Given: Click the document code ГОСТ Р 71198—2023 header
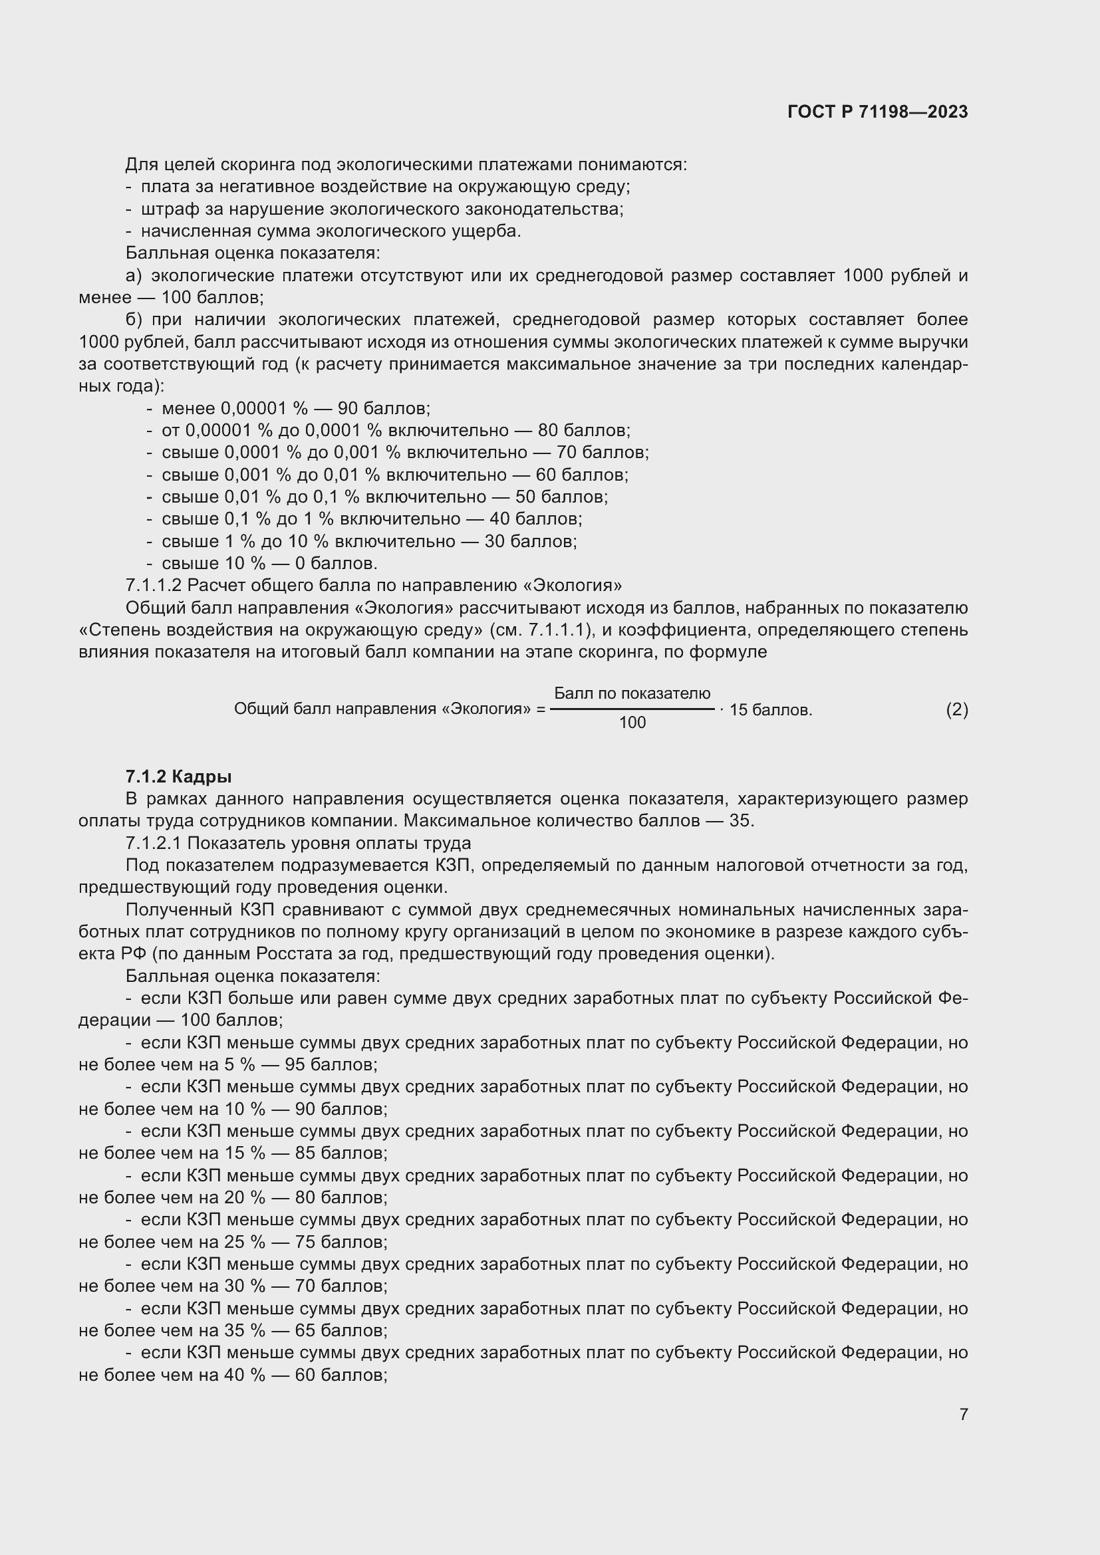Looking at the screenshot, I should point(877,112).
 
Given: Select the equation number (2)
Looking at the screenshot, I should point(956,710).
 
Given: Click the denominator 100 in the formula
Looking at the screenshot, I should point(632,723).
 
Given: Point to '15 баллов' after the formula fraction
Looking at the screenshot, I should point(770,711).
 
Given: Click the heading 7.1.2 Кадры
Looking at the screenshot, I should point(178,777).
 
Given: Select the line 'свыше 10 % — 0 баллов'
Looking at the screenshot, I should point(269,564).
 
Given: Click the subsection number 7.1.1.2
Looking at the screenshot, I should point(154,585).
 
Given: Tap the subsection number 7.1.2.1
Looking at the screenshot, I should point(154,843).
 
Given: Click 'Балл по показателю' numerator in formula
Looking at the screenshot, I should point(632,693).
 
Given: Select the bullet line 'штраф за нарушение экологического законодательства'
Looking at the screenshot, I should point(381,209).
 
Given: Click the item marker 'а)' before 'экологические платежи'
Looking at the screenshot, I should point(134,276).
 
